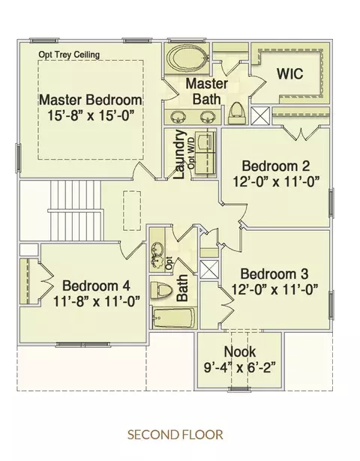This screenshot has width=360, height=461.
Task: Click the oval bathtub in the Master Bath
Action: (x=187, y=58)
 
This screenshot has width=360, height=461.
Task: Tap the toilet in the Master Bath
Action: (x=236, y=113)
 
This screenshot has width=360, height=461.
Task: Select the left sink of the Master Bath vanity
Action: (x=178, y=117)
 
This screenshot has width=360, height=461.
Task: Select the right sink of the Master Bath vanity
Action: (x=208, y=117)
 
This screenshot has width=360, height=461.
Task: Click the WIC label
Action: (x=290, y=73)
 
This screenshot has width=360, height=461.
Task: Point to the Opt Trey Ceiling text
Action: (x=69, y=55)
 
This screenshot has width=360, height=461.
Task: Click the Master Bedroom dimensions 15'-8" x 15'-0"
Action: (x=91, y=115)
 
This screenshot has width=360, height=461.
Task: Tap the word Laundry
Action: (x=179, y=154)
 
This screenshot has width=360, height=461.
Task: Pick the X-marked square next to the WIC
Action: (x=260, y=115)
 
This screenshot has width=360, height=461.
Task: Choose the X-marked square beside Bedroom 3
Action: (x=209, y=269)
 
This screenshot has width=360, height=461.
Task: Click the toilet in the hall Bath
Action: (x=161, y=290)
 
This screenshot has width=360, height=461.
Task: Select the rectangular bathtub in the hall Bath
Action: (x=173, y=318)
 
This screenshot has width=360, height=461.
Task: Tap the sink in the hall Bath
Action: (x=157, y=253)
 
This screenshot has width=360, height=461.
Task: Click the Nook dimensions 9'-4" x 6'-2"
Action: (x=240, y=367)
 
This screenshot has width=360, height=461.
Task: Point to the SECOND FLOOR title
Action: (x=175, y=435)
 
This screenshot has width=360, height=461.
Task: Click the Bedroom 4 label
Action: (x=96, y=286)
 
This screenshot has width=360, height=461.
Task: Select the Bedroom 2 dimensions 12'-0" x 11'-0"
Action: (x=276, y=181)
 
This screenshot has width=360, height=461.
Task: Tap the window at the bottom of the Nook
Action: (x=239, y=390)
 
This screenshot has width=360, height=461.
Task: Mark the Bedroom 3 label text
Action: (x=274, y=274)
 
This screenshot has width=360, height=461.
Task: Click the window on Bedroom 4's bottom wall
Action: (x=83, y=345)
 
